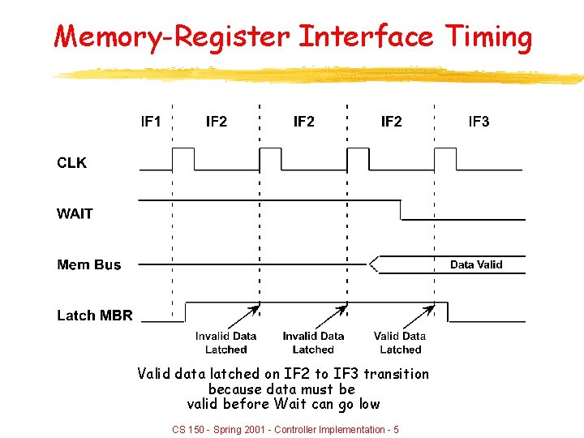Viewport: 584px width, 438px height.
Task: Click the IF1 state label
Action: [x=151, y=122]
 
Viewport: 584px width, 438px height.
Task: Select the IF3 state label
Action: [x=479, y=122]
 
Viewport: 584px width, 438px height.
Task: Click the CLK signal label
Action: [x=71, y=163]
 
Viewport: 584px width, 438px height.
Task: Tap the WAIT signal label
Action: [x=75, y=214]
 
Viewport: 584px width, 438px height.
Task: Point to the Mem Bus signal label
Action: [x=88, y=265]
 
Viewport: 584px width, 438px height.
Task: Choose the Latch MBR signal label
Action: [x=94, y=316]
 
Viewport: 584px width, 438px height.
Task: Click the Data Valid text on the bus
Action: [x=476, y=264]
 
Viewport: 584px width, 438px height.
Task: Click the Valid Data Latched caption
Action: [x=400, y=342]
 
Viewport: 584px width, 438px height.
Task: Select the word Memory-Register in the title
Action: [x=172, y=36]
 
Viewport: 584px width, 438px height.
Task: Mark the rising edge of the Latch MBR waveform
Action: [x=186, y=312]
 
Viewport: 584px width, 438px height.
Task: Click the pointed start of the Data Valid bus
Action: [x=371, y=264]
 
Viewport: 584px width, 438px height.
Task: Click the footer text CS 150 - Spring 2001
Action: [x=219, y=429]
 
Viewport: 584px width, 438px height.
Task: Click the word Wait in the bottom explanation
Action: [x=290, y=403]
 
